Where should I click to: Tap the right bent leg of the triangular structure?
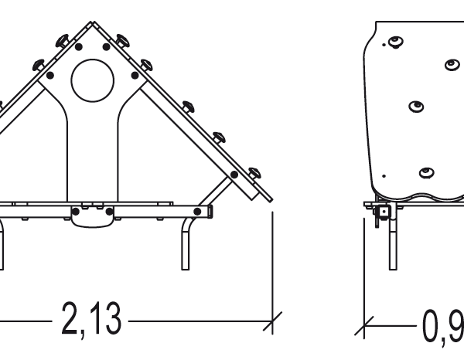point(186,244)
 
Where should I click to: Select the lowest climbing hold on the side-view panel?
point(425,172)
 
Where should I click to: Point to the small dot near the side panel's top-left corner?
point(384,46)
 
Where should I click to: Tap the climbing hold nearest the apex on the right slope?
point(121,39)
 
